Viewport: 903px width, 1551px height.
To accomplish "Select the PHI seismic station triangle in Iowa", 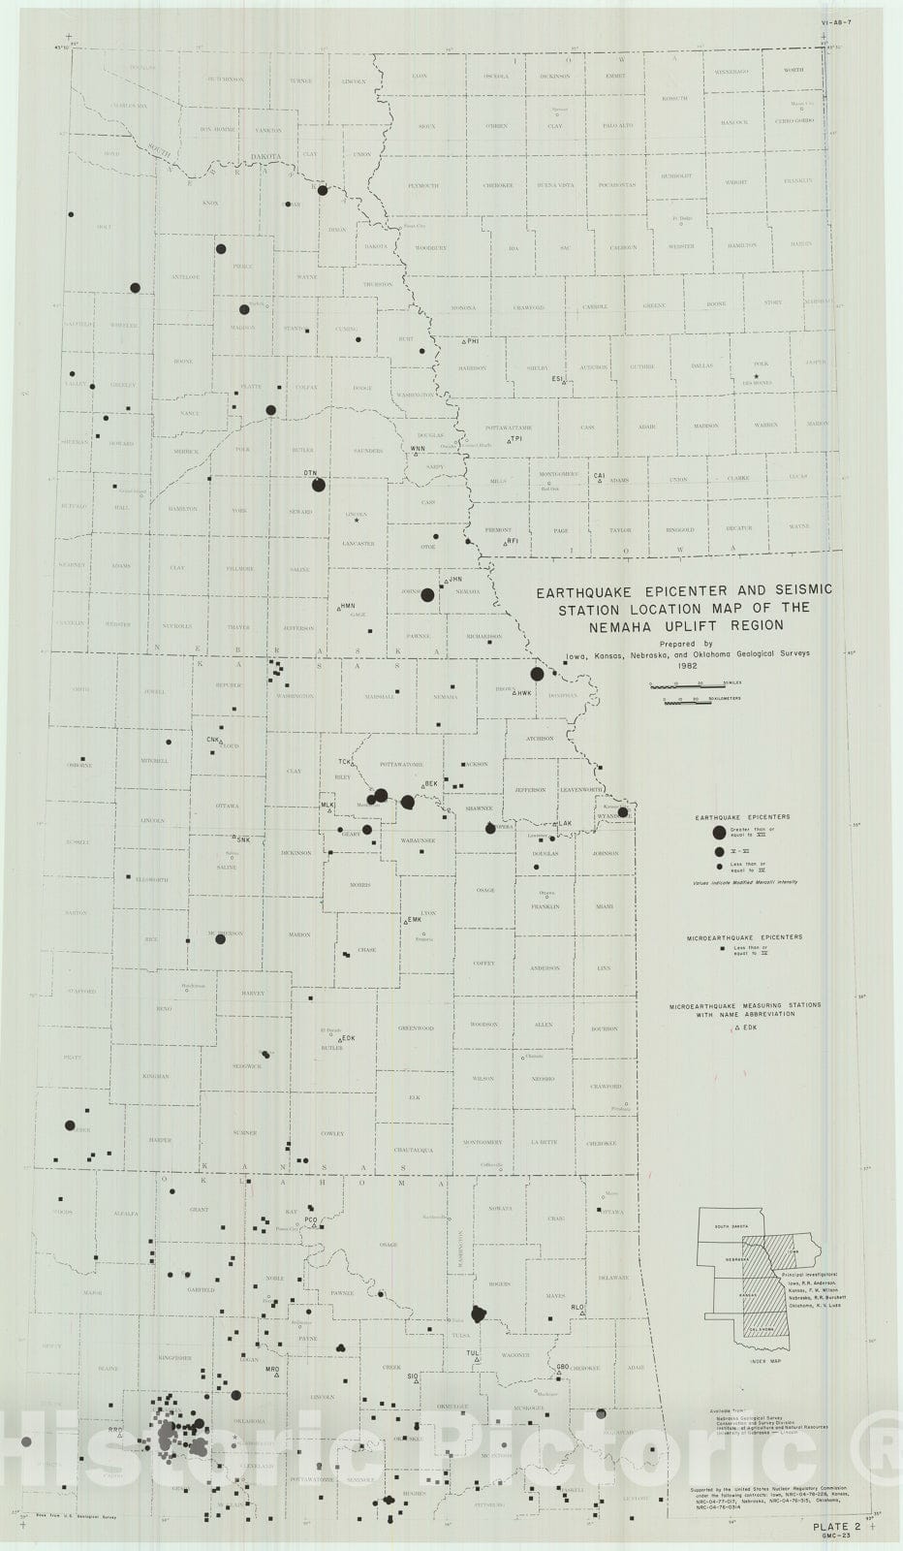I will pos(465,342).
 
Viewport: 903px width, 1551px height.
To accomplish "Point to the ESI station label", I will pos(557,378).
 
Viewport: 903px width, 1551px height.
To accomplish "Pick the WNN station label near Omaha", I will pos(418,449).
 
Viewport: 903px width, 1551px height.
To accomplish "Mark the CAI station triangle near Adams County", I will pos(600,480).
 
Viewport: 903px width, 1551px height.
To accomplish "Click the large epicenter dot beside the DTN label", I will pos(320,485).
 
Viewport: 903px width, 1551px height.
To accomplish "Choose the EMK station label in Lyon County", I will pos(415,918).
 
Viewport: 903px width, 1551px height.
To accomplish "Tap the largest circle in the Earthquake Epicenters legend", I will pos(718,833).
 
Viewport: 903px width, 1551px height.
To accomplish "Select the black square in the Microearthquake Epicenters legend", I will pos(724,954).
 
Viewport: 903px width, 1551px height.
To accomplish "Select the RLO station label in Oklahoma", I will pos(578,1308).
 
